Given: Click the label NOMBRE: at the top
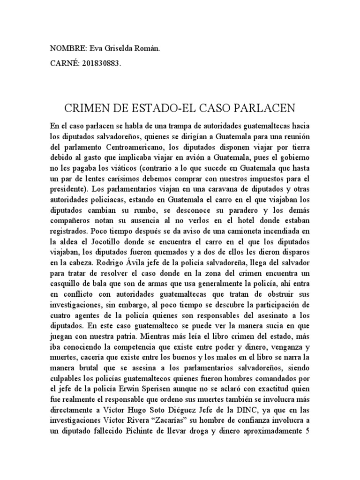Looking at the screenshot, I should pyautogui.click(x=67, y=48).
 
